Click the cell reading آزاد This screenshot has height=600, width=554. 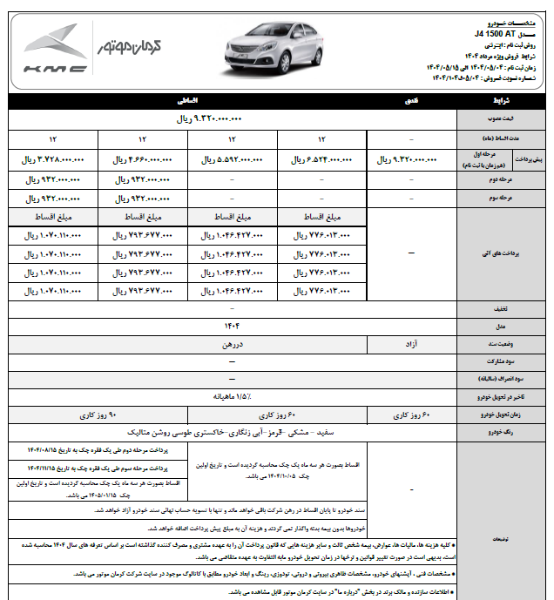(x=411, y=345)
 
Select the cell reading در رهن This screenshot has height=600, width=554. (x=232, y=345)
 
